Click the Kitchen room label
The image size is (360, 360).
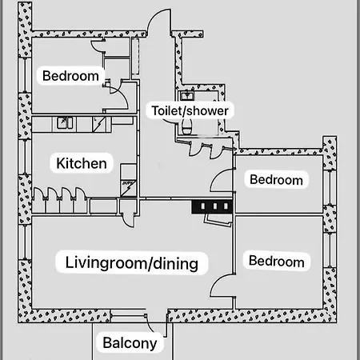(81, 163)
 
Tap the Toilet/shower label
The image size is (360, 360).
(190, 110)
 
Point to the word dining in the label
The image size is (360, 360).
(177, 262)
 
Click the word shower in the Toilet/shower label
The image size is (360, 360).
(209, 110)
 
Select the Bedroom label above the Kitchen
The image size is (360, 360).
(70, 76)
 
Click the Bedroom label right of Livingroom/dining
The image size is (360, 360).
(276, 261)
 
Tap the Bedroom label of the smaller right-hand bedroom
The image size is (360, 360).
(276, 179)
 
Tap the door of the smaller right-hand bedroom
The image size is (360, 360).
(222, 182)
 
